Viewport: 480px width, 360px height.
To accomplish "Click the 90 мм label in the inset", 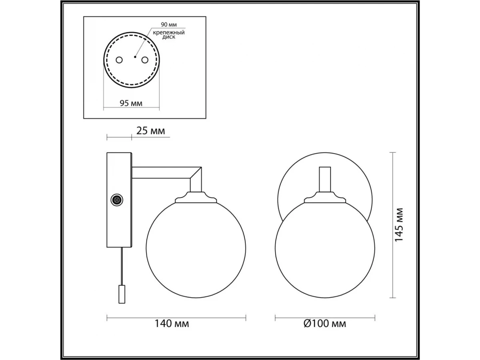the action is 169,24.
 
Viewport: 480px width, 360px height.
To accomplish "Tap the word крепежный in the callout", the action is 169,32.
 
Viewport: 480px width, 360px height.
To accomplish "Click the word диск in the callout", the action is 169,37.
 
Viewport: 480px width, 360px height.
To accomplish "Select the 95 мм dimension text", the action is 131,103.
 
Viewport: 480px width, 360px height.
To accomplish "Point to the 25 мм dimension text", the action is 150,131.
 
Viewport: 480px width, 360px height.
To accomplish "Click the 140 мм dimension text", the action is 172,324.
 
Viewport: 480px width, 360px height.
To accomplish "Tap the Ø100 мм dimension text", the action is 325,324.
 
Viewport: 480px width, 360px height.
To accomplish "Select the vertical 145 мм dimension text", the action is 399,225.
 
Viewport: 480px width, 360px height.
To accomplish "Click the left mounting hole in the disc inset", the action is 119,60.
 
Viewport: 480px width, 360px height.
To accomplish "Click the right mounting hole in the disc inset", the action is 145,60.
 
